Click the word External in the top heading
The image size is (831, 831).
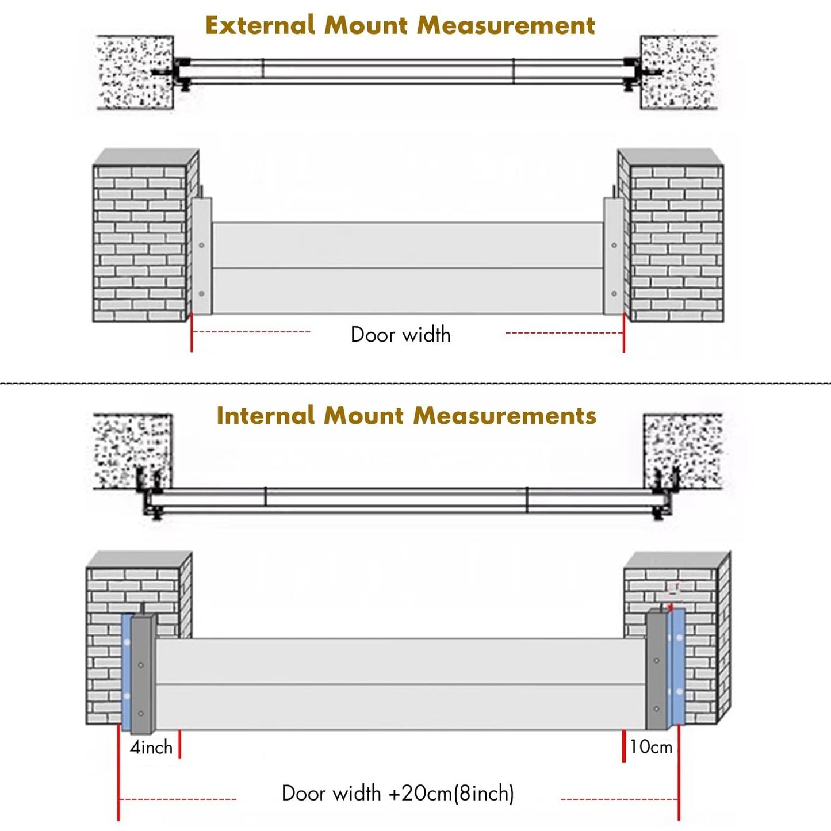click(x=260, y=25)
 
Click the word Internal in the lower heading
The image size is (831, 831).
click(x=265, y=416)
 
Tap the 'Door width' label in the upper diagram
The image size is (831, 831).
click(x=400, y=335)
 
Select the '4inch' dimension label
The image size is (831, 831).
click(x=151, y=747)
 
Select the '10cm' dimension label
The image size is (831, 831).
click(x=651, y=746)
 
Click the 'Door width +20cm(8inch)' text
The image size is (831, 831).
click(x=397, y=793)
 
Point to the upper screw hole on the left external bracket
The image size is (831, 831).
click(x=202, y=246)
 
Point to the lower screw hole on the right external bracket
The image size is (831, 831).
click(x=614, y=293)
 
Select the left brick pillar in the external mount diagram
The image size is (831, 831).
click(x=140, y=242)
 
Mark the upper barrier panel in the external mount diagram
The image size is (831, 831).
click(x=407, y=245)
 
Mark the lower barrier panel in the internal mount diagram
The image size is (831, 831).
click(x=401, y=707)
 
